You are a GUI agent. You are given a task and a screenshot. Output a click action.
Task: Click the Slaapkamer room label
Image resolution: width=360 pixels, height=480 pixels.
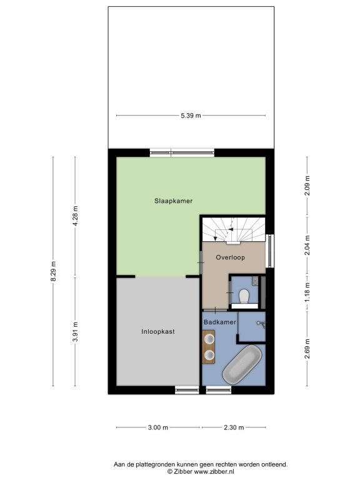[x=173, y=201]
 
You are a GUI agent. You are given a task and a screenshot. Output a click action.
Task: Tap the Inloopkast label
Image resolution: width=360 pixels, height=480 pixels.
[x=158, y=331]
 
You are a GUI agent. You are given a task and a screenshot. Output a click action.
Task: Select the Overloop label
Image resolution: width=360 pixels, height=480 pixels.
[x=230, y=257]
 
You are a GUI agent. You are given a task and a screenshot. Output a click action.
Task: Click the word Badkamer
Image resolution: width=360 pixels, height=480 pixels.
[x=220, y=322]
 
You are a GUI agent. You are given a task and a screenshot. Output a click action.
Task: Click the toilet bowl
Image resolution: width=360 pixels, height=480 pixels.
[x=244, y=296]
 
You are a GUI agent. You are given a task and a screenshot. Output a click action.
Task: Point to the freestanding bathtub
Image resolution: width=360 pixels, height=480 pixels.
[x=242, y=364]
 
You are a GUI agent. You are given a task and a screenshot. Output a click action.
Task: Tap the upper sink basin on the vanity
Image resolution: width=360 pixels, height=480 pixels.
[x=209, y=339]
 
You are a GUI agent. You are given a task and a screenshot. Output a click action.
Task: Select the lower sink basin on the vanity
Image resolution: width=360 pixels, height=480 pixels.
[x=209, y=354]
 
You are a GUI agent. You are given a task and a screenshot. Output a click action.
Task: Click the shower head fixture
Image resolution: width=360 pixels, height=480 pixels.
[x=261, y=324]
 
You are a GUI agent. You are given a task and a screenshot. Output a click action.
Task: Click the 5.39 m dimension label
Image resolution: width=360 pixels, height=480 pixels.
[x=191, y=116]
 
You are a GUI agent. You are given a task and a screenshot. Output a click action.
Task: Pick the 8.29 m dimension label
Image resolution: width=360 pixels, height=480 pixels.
[x=53, y=271]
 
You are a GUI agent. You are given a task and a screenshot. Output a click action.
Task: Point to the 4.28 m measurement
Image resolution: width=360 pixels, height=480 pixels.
[x=75, y=216]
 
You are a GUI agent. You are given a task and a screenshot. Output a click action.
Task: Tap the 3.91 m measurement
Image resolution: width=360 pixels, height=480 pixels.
[x=75, y=331]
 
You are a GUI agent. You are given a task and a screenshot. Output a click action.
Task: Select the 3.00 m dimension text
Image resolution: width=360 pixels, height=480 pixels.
[x=158, y=427]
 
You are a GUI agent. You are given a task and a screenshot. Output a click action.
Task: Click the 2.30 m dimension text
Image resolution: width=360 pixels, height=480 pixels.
[x=234, y=427]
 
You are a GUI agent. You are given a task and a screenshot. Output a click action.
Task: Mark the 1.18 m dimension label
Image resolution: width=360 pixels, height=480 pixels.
[x=307, y=292]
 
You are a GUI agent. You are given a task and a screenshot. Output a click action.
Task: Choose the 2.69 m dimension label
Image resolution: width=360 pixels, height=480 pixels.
[x=307, y=349]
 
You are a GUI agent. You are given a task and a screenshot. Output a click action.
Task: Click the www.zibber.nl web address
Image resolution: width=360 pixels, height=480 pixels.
[x=214, y=472]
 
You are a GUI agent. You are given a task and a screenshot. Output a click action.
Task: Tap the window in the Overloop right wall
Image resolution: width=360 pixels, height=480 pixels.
[x=270, y=251]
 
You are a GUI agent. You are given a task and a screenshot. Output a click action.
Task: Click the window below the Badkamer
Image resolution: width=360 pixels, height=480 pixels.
[x=219, y=390]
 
